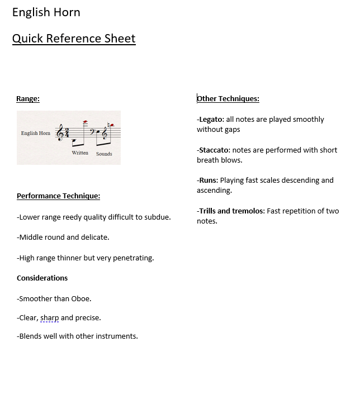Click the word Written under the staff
tap(80, 153)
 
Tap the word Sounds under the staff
tap(104, 154)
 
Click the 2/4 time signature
tap(68, 133)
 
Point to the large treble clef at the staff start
tap(60, 133)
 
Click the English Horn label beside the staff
tap(36, 133)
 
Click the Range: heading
tap(28, 99)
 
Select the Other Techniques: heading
tap(228, 99)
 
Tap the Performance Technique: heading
tap(58, 196)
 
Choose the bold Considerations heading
tap(42, 278)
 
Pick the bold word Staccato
tap(214, 150)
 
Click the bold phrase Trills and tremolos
tap(231, 211)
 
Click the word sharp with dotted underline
tap(49, 318)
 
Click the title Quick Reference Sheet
tap(74, 38)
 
